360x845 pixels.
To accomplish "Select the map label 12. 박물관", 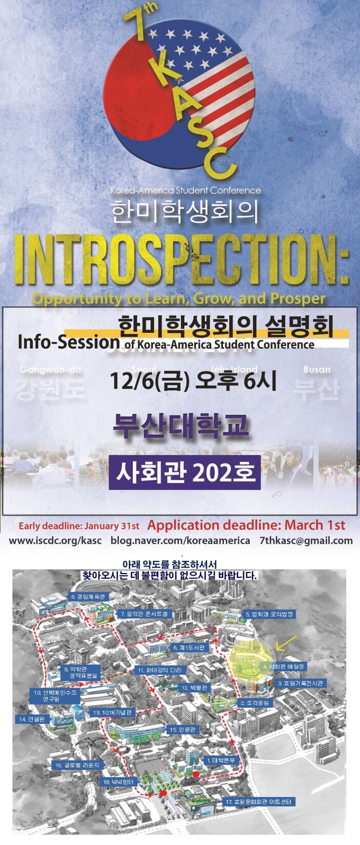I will pos(194,688).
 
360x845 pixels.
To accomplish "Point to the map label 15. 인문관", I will pos(183,730).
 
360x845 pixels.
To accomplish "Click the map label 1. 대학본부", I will pos(221,760).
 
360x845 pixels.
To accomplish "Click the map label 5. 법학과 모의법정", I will pos(269,614).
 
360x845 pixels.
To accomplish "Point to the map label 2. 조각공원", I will pos(255,703).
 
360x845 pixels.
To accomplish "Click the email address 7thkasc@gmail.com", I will pos(306,541).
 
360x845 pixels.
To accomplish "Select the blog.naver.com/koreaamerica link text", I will pos(180,541).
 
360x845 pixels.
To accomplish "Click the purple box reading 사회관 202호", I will pos(185,471).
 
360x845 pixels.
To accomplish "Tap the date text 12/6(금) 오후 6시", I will pos(193,381).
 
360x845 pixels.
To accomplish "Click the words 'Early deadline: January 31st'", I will pos(79,526).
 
